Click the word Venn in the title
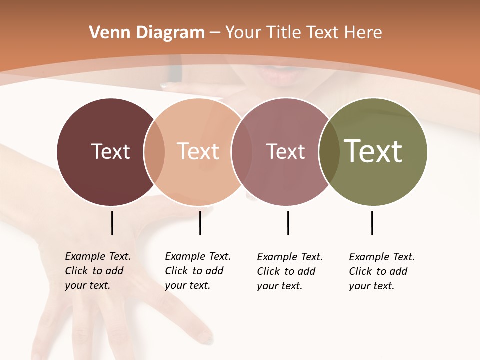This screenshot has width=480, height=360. (x=104, y=33)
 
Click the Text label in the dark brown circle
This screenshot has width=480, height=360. (x=110, y=151)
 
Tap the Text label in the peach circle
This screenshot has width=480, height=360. (x=198, y=151)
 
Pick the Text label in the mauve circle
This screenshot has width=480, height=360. (x=285, y=151)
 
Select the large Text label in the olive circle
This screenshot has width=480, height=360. (x=373, y=151)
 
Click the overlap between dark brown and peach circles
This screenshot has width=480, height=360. (x=154, y=152)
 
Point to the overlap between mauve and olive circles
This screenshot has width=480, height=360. (x=329, y=152)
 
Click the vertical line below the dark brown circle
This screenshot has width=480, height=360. (x=112, y=223)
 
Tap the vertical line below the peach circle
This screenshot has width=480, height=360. (x=200, y=223)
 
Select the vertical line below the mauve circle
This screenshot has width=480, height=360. (x=288, y=223)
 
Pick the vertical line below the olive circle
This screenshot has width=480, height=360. (x=372, y=223)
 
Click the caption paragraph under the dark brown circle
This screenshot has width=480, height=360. (x=97, y=271)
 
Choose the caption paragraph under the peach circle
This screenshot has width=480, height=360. (x=197, y=271)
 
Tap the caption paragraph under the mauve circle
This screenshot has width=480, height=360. (x=289, y=271)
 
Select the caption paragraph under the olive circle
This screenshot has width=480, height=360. (x=381, y=271)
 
